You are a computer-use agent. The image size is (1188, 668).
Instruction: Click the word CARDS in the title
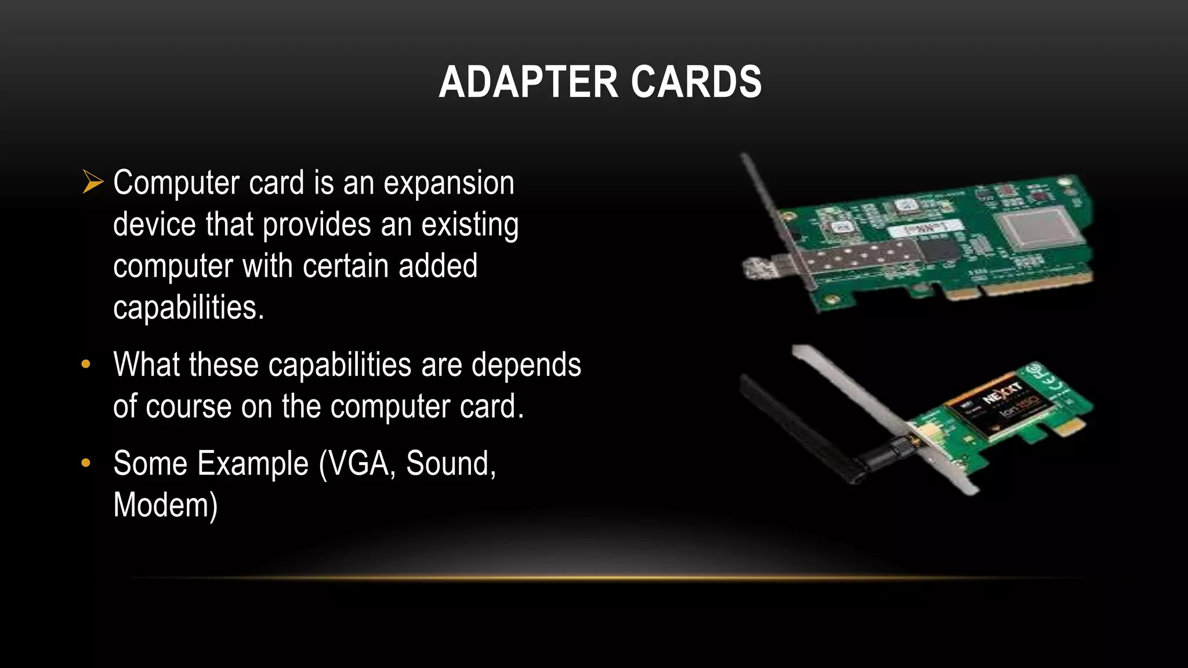(696, 82)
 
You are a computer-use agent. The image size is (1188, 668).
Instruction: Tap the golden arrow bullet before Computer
(92, 181)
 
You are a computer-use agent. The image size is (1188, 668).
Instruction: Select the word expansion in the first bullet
(449, 184)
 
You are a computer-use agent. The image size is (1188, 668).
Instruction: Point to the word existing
(470, 225)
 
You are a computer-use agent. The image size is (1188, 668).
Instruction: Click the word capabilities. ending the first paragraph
(189, 308)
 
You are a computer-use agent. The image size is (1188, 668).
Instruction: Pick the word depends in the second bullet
(526, 365)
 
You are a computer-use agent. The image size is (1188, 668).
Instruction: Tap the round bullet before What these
(86, 364)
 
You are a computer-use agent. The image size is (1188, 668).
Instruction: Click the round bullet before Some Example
(86, 463)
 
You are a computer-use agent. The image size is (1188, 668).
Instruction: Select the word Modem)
(165, 504)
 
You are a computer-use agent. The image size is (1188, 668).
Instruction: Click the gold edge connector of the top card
(1021, 288)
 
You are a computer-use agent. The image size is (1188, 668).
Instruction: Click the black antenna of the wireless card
(806, 426)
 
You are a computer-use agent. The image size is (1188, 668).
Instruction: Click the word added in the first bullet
(438, 266)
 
